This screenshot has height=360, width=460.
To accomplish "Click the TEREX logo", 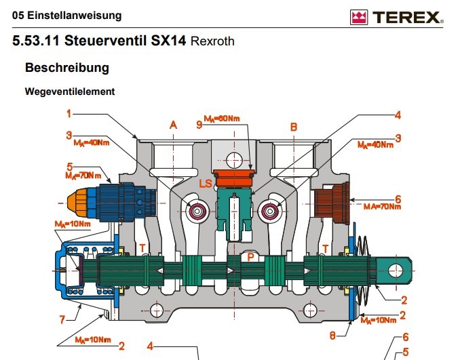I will (396, 17).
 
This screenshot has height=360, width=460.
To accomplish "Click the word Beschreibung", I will (66, 68).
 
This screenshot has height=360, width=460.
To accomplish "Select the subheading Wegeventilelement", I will (69, 91).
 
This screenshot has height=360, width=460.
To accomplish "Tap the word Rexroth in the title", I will (212, 41).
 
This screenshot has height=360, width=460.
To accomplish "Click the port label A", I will (173, 125).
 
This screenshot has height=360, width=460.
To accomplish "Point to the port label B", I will (293, 126).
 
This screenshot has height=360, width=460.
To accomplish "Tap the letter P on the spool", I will (250, 258).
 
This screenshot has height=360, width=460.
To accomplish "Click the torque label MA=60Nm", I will (222, 119).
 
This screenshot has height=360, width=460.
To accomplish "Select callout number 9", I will (199, 125).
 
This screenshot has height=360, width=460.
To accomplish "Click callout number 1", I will (69, 113).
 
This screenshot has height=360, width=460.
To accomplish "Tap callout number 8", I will (332, 334).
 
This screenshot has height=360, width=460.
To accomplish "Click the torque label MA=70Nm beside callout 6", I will (382, 207).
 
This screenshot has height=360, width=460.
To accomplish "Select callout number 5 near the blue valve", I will (69, 166).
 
